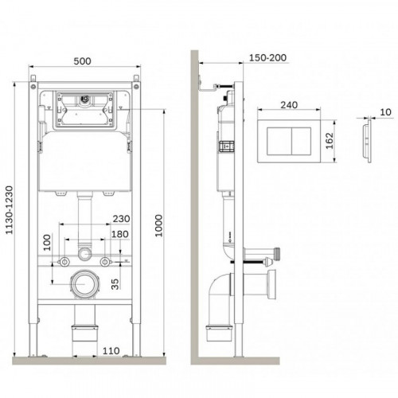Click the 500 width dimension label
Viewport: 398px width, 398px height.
pos(82,61)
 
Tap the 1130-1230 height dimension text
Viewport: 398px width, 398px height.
pos(10,210)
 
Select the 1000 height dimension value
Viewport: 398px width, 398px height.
pos(158,226)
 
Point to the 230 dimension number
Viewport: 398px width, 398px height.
pos(121,219)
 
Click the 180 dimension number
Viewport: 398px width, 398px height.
pos(120,234)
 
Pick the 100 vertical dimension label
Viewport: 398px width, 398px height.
pos(47,243)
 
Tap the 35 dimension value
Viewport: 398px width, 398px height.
pos(115,284)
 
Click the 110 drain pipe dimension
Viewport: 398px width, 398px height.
pos(111,351)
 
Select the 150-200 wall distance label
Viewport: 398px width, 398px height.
pos(267,58)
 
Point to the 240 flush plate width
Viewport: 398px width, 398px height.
pos(289,105)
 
